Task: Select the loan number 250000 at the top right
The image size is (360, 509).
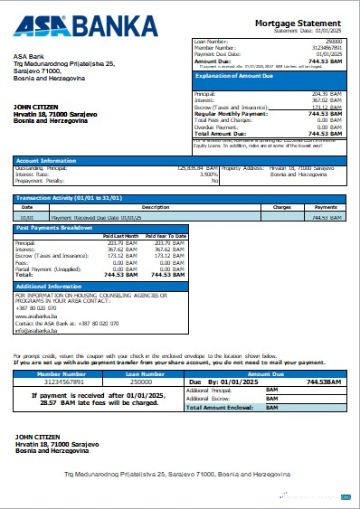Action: [x=334, y=42]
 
